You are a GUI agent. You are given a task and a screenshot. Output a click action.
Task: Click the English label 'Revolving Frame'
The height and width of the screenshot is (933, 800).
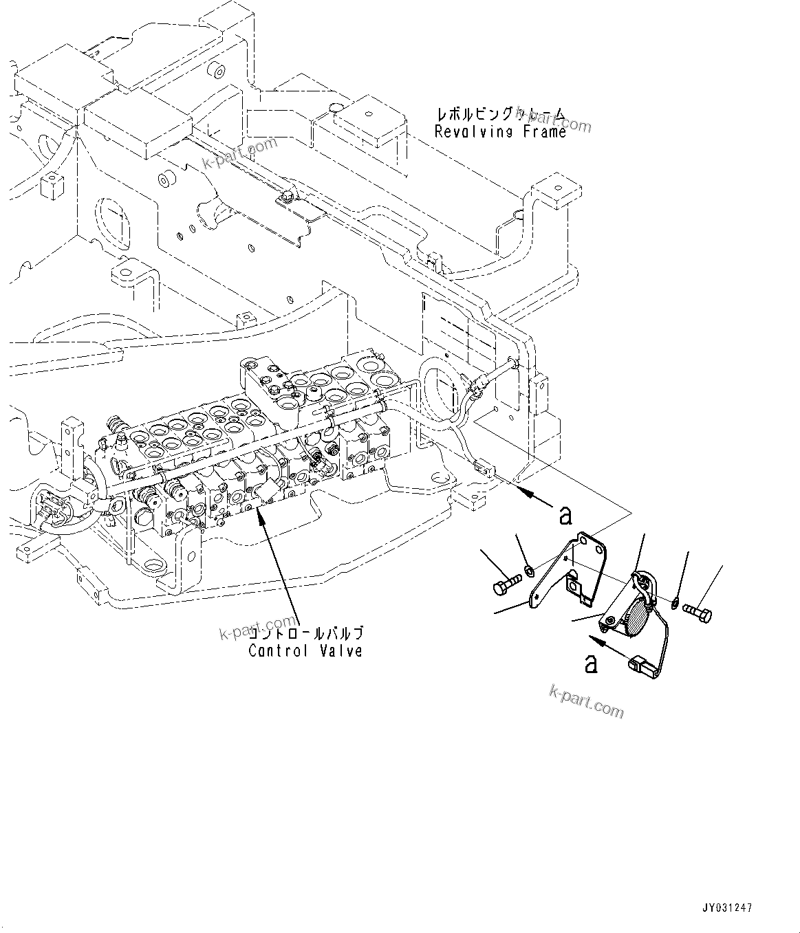pos(500,132)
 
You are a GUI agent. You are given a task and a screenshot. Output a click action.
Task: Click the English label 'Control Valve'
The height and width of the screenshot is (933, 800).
pos(305,650)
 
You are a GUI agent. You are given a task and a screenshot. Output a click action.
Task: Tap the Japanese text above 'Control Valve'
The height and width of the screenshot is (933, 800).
pos(305,633)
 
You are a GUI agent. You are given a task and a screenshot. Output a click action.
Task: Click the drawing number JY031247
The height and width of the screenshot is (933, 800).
pos(728,908)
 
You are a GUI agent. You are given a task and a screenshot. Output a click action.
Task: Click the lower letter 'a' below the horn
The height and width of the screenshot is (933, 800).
pos(591,663)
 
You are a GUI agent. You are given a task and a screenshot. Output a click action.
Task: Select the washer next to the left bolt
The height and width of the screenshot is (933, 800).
pos(529,570)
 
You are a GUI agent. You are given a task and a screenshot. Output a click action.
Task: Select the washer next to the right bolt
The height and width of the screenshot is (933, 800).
pos(676,603)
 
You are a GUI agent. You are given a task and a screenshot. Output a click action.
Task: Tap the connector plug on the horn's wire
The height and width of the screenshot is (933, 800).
pos(638,666)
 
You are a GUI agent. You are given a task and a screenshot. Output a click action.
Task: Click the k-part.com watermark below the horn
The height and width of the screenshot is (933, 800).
pos(586,701)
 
